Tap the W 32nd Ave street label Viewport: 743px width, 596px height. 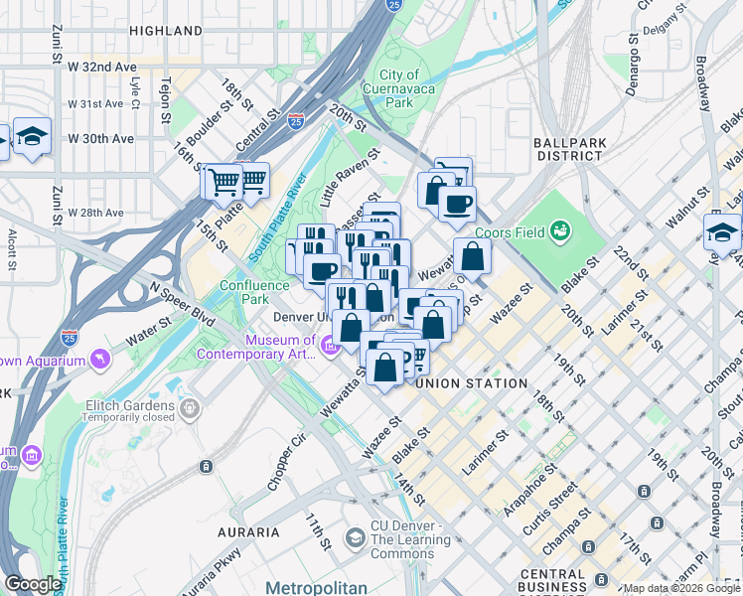pos(102,66)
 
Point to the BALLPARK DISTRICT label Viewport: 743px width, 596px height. pos(570,149)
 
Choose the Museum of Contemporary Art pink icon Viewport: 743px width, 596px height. pos(329,347)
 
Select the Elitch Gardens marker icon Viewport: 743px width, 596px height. pos(190,405)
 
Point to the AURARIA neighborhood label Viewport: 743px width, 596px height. pos(248,532)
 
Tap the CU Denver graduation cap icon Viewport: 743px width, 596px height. pos(355,538)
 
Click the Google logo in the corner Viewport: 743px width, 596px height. pos(34,584)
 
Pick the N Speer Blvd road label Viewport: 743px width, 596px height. pos(182,302)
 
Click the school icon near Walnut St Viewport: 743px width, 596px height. pos(723,231)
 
